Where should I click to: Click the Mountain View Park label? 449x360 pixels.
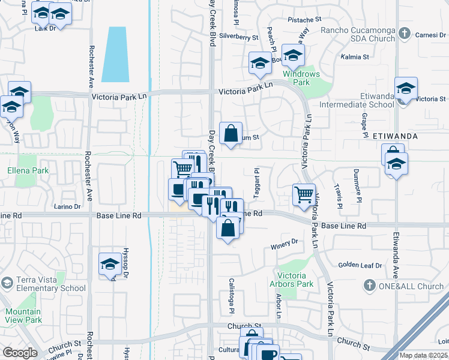23,316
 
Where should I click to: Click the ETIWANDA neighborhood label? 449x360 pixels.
395,136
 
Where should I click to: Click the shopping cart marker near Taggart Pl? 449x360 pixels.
304,194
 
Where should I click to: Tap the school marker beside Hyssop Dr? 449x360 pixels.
110,264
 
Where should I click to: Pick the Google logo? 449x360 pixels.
19,353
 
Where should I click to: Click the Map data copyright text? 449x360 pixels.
424,355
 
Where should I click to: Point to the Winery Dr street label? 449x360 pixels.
285,242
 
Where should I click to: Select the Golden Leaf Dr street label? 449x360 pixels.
360,265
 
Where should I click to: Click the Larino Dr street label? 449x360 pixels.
68,206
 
